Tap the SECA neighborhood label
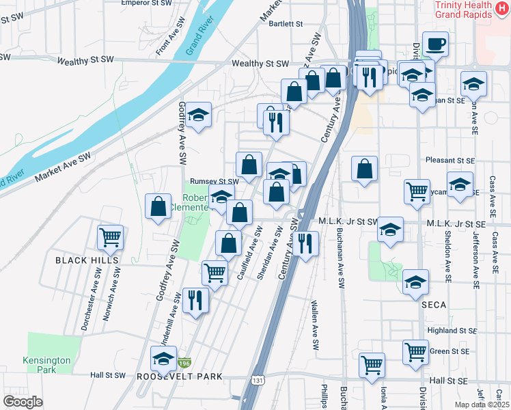click(434, 303)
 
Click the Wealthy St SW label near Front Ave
click(85, 61)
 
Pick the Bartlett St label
click(286, 23)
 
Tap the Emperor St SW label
click(146, 3)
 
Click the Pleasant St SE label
click(450, 160)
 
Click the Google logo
click(23, 402)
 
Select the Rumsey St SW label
click(214, 182)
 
